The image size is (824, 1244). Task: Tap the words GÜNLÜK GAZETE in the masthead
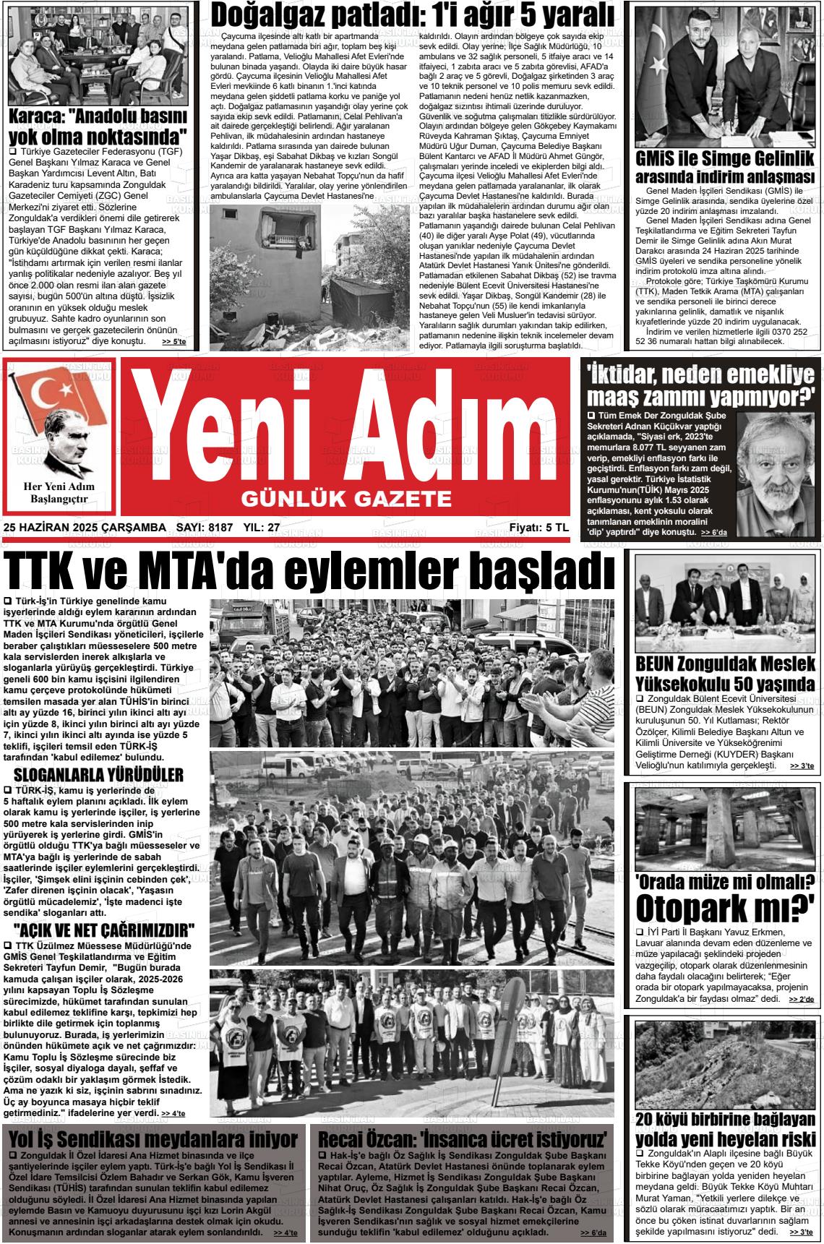(345, 498)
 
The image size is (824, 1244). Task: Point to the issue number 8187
(220, 528)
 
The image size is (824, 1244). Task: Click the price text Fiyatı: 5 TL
(538, 528)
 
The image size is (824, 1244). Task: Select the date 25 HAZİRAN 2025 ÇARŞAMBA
(85, 528)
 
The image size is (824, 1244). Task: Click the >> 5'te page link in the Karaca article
(173, 342)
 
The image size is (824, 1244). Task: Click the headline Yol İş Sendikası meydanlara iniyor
(153, 1139)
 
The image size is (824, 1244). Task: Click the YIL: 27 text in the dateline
(262, 528)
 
